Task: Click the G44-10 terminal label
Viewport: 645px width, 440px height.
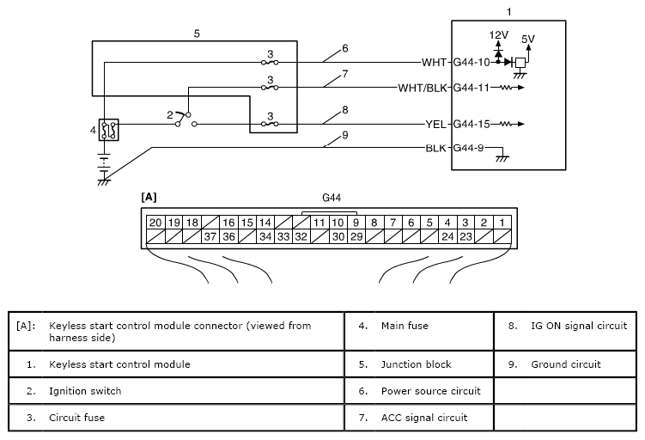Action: point(472,63)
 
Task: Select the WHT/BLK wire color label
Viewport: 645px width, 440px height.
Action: point(423,88)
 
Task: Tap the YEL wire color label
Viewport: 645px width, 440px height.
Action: point(435,125)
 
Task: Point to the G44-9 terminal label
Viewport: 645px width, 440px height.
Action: point(469,148)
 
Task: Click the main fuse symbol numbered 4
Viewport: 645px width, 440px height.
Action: point(108,130)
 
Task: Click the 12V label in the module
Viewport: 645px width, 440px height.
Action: point(498,35)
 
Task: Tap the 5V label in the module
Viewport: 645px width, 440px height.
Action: point(527,40)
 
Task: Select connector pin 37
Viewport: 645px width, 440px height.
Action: point(210,236)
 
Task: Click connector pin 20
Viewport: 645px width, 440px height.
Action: point(155,223)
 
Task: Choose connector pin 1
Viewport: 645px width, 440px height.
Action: point(502,223)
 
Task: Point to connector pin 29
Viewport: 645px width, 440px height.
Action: point(356,236)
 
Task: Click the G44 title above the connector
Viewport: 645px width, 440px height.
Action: point(332,198)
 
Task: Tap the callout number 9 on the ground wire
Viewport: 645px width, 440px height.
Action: point(345,135)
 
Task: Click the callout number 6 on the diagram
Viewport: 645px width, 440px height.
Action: point(345,49)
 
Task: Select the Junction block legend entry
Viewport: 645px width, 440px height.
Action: point(417,364)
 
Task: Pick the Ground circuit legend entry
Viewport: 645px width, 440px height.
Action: point(566,364)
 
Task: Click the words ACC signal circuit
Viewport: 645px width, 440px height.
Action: point(424,418)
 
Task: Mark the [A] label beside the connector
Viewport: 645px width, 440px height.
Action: point(149,198)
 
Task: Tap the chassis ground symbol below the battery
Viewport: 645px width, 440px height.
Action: point(104,181)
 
